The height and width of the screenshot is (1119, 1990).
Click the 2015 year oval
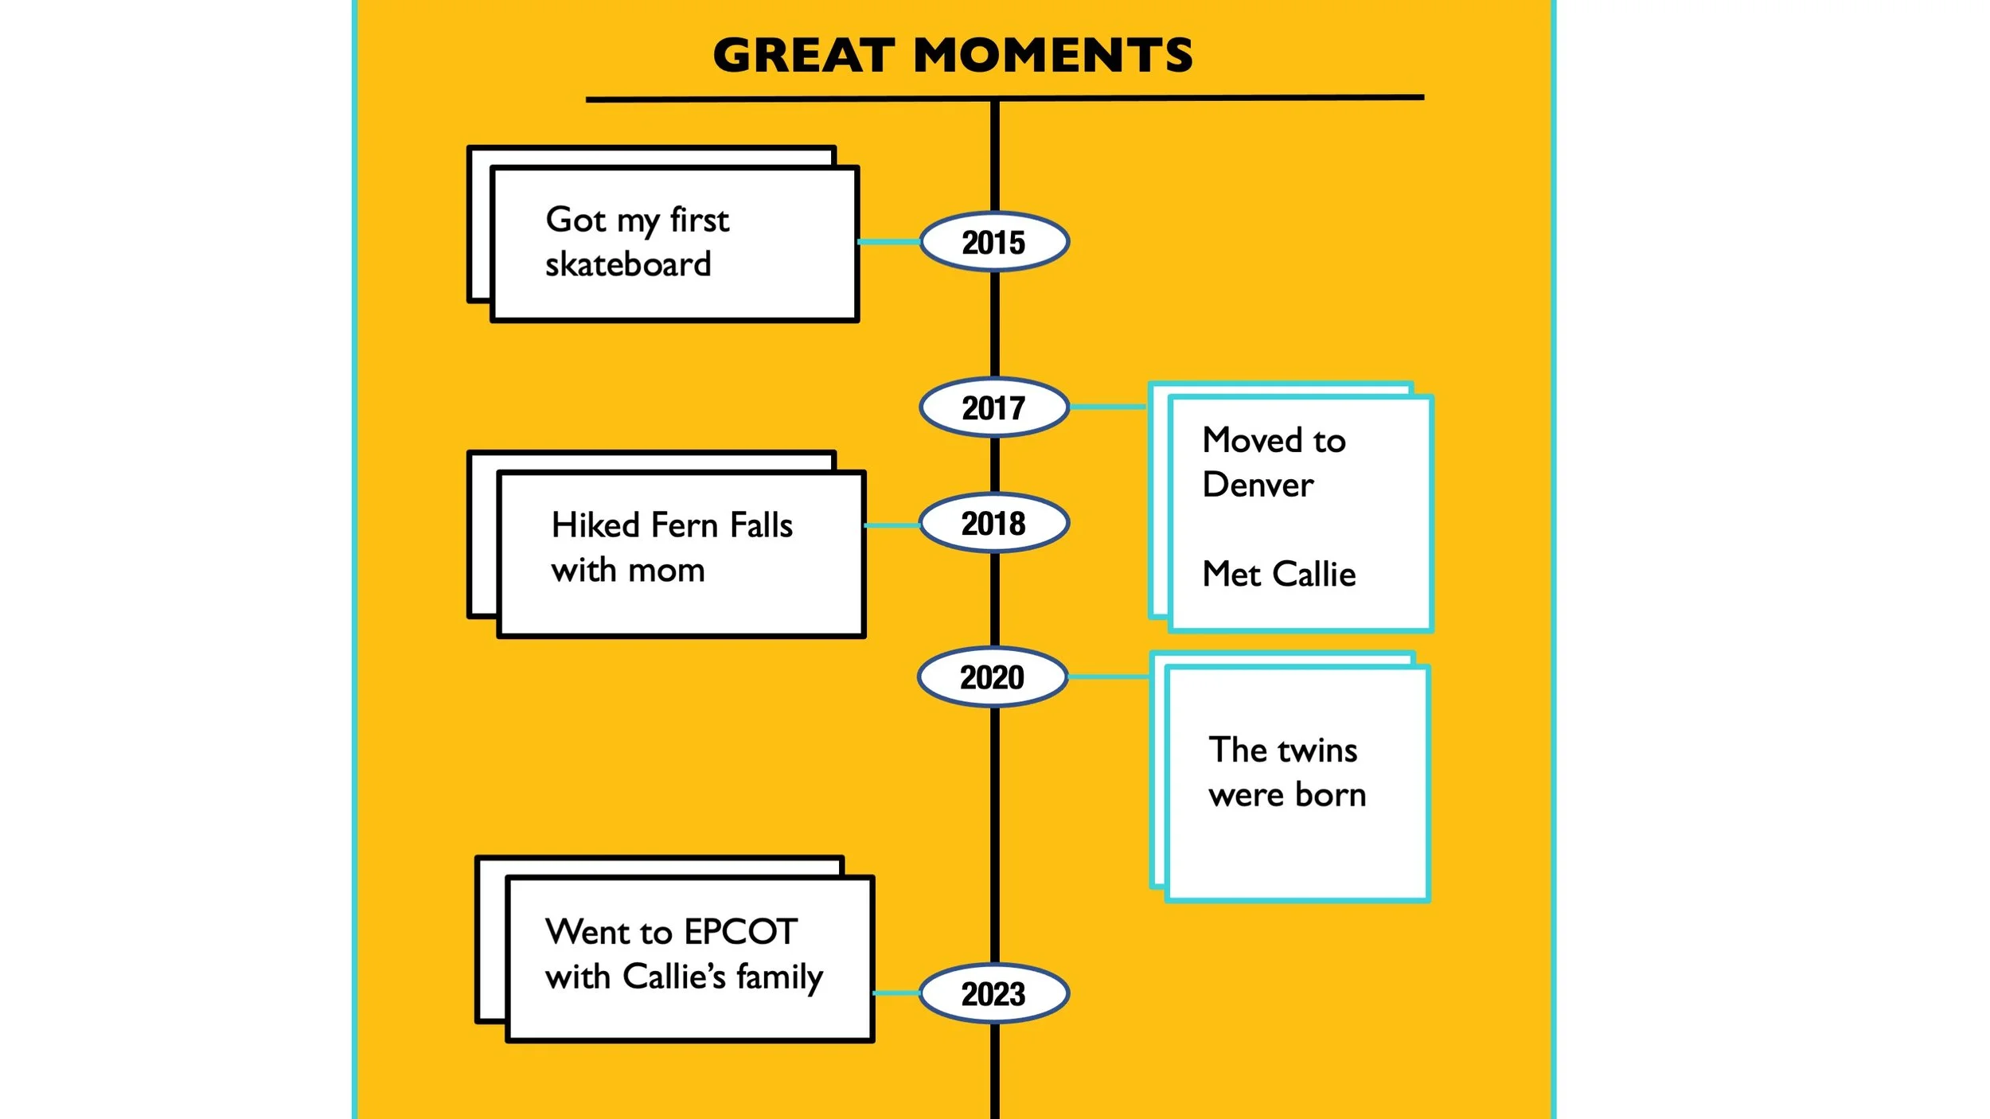point(993,242)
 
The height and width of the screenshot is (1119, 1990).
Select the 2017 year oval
point(993,407)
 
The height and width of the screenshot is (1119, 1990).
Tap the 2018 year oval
point(993,523)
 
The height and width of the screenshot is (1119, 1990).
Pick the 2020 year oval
point(992,677)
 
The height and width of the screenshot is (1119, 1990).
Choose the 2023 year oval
point(993,993)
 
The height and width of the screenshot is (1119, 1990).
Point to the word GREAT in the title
point(804,56)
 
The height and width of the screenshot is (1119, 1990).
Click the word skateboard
point(628,264)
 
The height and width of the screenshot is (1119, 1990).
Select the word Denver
point(1258,485)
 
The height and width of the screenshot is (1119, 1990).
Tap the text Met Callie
point(1278,574)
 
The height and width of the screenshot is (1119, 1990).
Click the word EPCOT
point(740,931)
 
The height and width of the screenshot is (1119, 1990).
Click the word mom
point(666,571)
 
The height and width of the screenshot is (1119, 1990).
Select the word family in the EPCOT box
point(779,977)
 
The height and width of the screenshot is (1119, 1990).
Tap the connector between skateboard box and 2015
point(889,241)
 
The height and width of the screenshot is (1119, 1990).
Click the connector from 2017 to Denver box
point(1108,407)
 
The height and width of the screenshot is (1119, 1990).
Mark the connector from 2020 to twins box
point(1109,676)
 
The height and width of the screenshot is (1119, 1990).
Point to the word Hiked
point(595,525)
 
